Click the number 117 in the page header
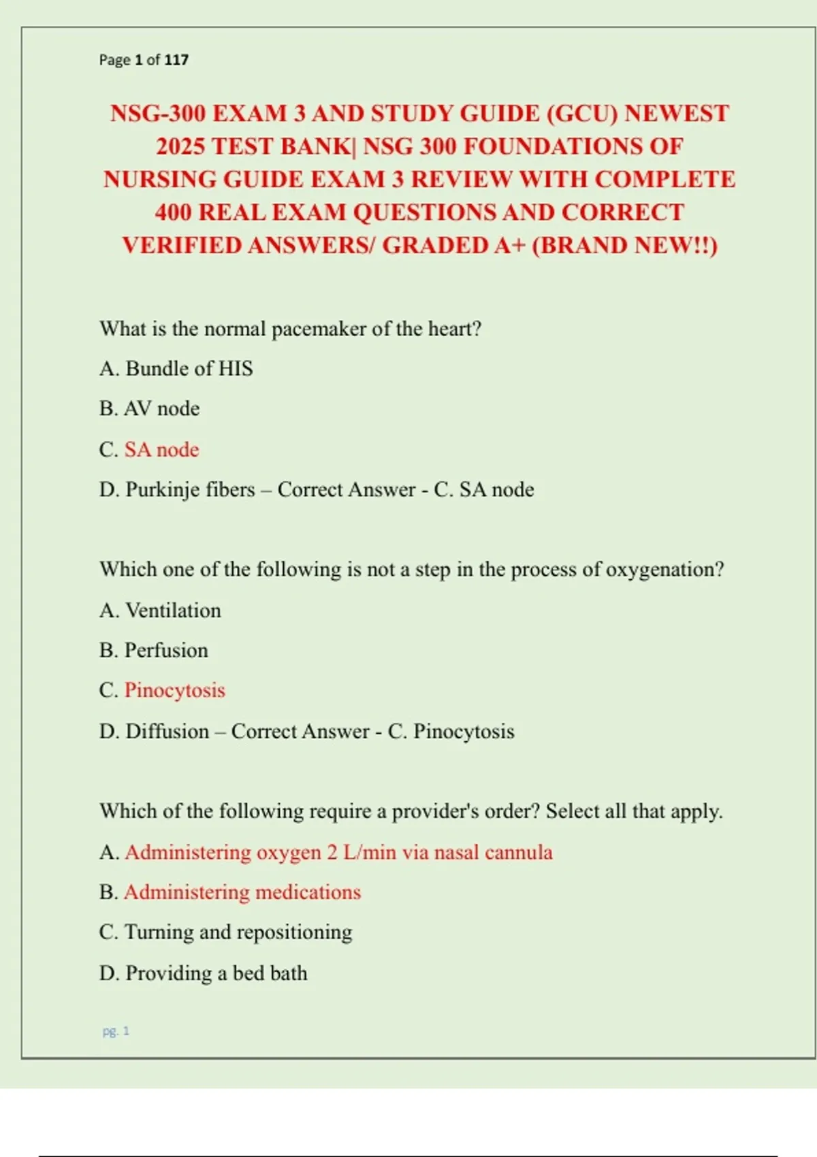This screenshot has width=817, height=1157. click(x=176, y=60)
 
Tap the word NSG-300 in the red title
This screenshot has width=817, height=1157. click(x=158, y=113)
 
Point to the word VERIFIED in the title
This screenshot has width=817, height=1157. click(x=181, y=245)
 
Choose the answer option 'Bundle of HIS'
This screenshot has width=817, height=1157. click(x=189, y=369)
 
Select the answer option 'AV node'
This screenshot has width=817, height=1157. click(x=161, y=408)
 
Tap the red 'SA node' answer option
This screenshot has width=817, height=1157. click(x=161, y=449)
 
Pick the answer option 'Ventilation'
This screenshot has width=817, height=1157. click(x=173, y=610)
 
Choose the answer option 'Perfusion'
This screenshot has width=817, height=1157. click(x=166, y=650)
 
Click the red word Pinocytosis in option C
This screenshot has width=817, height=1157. click(x=174, y=690)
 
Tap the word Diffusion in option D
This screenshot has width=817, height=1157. click(x=167, y=731)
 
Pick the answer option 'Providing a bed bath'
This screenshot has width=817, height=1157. click(x=216, y=973)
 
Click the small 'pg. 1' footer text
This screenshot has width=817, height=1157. click(x=116, y=1031)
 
